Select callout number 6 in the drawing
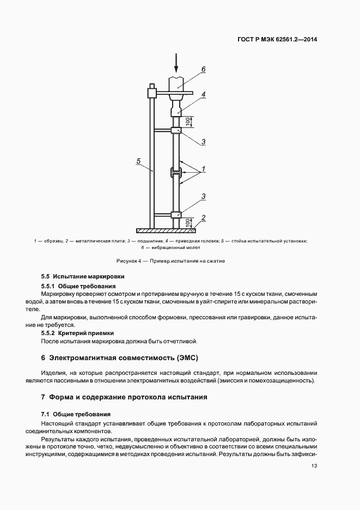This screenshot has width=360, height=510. click(x=203, y=69)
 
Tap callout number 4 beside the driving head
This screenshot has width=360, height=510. click(x=203, y=94)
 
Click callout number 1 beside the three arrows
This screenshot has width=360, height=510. click(x=203, y=169)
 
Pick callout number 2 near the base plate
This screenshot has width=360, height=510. click(x=203, y=217)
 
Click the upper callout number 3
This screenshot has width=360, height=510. click(x=203, y=142)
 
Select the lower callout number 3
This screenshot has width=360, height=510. click(x=203, y=196)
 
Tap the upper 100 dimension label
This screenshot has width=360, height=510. click(x=188, y=122)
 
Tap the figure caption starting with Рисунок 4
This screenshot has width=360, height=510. click(x=170, y=261)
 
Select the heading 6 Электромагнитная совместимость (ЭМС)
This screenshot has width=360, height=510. click(x=120, y=358)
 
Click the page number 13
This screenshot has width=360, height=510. click(x=314, y=465)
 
